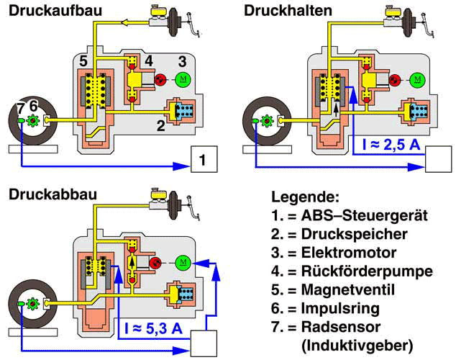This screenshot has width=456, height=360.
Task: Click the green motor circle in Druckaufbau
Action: (x=183, y=78)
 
